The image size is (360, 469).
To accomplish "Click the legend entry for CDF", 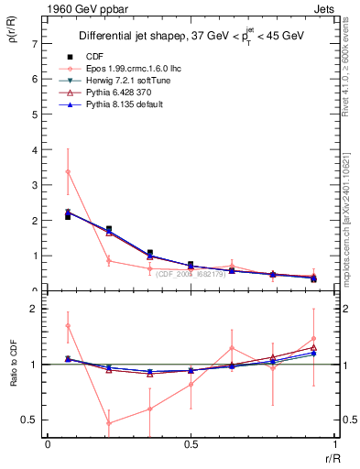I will (93, 56).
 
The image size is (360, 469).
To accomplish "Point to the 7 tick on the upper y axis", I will (34, 44).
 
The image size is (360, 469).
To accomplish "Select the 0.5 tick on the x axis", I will (191, 444).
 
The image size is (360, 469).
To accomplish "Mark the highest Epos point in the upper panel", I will (68, 172).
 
